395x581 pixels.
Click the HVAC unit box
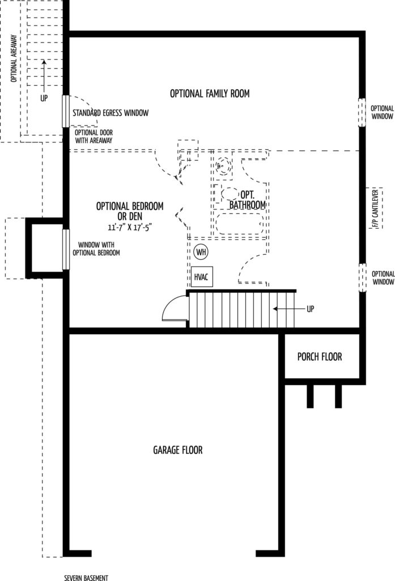(201, 276)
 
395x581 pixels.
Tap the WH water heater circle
(201, 252)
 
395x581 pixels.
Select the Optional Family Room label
(210, 94)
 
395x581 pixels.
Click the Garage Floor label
(178, 450)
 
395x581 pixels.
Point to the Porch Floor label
(320, 357)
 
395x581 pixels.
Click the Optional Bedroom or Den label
(130, 211)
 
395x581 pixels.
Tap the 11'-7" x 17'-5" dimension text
(130, 227)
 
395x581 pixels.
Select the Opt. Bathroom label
(247, 200)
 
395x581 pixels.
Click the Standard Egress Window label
(111, 113)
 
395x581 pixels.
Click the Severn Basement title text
(86, 578)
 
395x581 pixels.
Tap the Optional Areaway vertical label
(14, 58)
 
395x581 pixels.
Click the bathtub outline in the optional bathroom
(240, 224)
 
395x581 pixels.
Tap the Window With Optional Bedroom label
(96, 249)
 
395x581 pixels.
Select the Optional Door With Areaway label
(94, 136)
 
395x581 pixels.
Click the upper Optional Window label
(382, 112)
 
